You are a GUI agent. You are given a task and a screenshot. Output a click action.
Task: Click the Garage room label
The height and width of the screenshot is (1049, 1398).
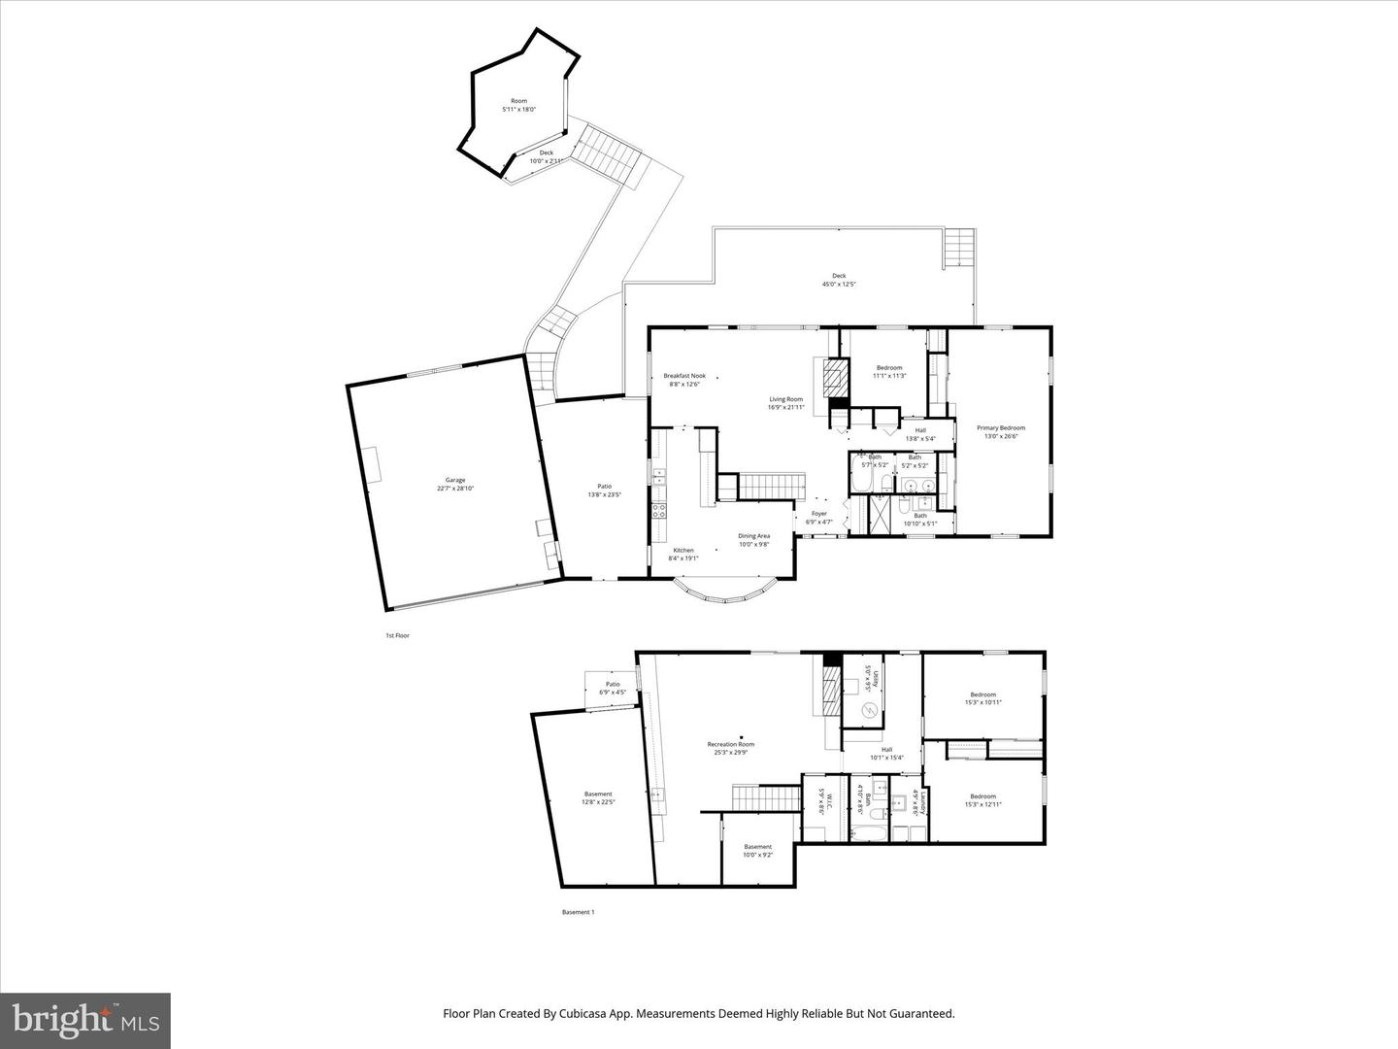click(x=455, y=484)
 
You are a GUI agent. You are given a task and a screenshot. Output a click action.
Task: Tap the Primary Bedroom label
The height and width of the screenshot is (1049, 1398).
click(x=1000, y=432)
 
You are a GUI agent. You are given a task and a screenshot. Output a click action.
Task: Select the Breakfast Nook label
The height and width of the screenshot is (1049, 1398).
click(x=684, y=380)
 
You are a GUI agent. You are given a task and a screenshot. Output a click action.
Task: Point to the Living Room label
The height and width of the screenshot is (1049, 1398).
click(x=786, y=403)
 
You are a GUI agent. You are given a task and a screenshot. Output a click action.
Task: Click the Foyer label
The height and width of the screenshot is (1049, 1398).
click(x=819, y=518)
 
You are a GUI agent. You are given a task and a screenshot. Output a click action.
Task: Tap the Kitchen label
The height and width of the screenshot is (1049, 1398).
click(x=683, y=554)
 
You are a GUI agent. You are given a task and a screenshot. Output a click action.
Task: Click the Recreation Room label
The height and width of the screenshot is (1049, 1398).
click(x=730, y=748)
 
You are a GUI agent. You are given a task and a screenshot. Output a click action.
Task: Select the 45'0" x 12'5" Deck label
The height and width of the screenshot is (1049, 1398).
click(x=839, y=280)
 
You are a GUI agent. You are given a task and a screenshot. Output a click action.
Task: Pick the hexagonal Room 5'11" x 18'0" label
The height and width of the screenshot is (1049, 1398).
click(x=519, y=105)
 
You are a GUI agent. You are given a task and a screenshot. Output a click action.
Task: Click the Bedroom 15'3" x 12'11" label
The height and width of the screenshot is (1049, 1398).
click(x=982, y=800)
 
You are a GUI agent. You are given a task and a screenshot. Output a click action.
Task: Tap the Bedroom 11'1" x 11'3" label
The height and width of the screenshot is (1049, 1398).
click(x=889, y=371)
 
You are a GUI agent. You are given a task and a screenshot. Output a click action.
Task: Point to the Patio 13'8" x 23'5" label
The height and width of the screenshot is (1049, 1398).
click(x=604, y=491)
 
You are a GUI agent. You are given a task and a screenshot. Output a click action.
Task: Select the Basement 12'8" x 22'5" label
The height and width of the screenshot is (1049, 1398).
click(x=598, y=797)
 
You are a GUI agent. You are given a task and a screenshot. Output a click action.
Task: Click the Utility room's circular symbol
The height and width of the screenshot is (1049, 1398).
click(x=870, y=713)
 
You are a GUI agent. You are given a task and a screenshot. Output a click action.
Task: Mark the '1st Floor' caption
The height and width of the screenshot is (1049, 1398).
click(x=397, y=635)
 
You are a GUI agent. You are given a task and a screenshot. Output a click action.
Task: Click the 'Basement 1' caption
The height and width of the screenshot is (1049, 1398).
click(x=578, y=912)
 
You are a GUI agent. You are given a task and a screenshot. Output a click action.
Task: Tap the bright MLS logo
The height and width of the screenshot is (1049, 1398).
click(x=85, y=1020)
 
